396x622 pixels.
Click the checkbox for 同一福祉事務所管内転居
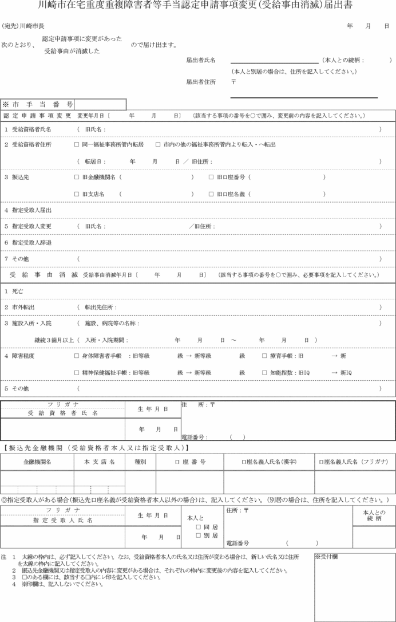pyautogui.click(x=77, y=145)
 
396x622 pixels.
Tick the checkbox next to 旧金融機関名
pyautogui.click(x=77, y=178)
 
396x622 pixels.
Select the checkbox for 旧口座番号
pyautogui.click(x=211, y=178)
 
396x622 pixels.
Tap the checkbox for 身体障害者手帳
pyautogui.click(x=77, y=356)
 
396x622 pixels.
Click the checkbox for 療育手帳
pyautogui.click(x=265, y=356)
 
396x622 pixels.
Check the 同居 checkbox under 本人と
pyautogui.click(x=198, y=527)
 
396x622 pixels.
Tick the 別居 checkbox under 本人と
pyautogui.click(x=198, y=536)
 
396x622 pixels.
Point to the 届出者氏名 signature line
pyautogui.click(x=274, y=61)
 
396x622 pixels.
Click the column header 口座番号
pyautogui.click(x=190, y=462)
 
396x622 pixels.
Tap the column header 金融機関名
pyautogui.click(x=37, y=462)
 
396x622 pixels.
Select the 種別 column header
pyautogui.click(x=140, y=462)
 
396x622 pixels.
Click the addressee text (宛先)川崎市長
pyautogui.click(x=23, y=26)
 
